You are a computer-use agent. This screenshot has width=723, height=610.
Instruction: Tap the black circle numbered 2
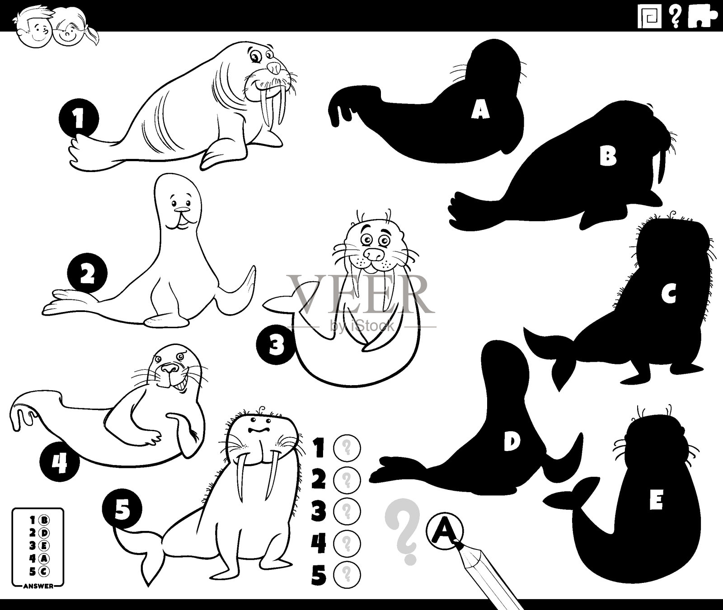pos(87,275)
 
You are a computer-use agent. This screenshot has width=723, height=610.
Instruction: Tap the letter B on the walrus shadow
pos(608,156)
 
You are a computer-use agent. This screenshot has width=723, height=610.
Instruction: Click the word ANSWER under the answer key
pos(37,586)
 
